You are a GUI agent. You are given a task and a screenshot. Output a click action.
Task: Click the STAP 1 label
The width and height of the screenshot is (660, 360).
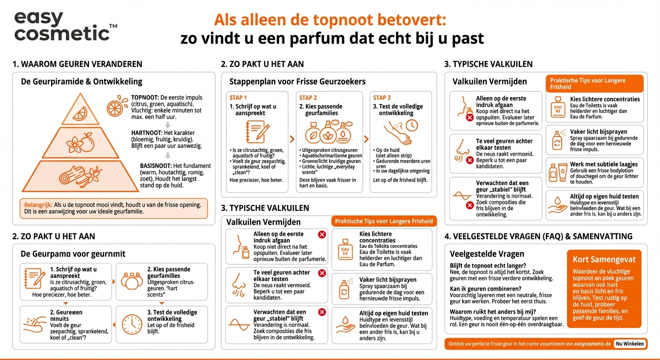[238, 97]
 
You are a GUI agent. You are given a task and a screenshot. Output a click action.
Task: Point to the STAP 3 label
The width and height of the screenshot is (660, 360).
[382, 97]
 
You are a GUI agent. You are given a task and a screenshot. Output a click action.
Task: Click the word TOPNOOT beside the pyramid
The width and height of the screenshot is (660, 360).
[145, 97]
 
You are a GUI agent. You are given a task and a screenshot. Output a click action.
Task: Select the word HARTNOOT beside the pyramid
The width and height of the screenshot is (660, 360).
[147, 133]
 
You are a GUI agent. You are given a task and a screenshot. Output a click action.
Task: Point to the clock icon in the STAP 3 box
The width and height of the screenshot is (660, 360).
[412, 126]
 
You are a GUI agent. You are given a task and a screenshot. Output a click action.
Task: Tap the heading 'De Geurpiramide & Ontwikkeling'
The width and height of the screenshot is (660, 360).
[82, 82]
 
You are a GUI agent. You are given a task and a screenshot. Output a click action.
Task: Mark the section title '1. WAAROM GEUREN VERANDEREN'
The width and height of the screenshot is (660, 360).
[77, 64]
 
